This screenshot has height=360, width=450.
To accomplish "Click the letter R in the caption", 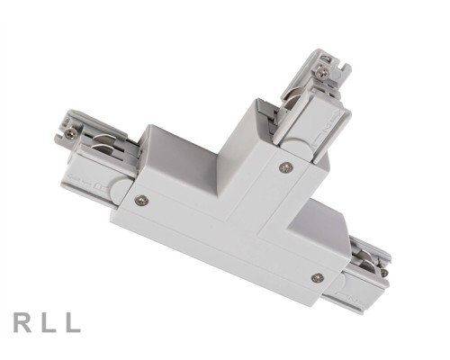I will (x=22, y=322).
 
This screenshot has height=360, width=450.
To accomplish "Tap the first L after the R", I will (x=48, y=322).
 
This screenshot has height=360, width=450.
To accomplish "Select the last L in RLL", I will (x=73, y=322).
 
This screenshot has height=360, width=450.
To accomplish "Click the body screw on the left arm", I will (x=140, y=200).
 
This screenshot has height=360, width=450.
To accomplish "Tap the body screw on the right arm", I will (x=316, y=277).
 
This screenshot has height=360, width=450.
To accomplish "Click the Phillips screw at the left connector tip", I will (x=71, y=133).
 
